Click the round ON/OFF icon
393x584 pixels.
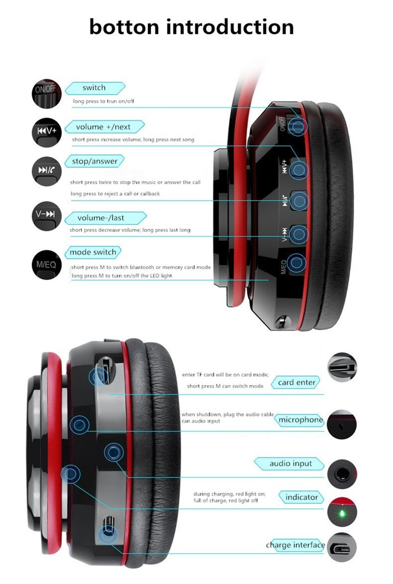click(46, 93)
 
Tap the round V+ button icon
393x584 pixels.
click(47, 132)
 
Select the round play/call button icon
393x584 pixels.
click(47, 171)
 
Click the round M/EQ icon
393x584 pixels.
click(47, 265)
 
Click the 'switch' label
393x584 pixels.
click(95, 88)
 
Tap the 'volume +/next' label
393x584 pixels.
click(104, 127)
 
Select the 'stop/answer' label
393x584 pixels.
click(94, 161)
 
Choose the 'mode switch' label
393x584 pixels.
click(93, 252)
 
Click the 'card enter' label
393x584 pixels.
click(296, 383)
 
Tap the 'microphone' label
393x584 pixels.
click(300, 420)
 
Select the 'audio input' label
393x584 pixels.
click(290, 464)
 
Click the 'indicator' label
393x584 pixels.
click(301, 497)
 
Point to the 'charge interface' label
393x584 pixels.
click(295, 545)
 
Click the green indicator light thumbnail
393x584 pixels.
click(342, 512)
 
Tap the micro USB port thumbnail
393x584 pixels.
click(342, 548)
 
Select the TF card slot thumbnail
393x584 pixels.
click(342, 367)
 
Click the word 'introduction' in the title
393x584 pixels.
click(230, 27)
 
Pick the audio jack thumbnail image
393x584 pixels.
click(342, 474)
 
